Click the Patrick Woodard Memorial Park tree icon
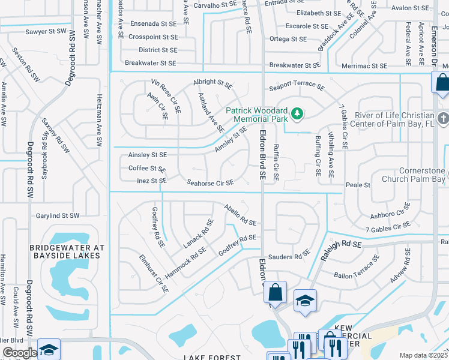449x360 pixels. click(296, 113)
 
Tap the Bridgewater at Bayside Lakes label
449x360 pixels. click(68, 251)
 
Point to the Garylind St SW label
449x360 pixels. click(57, 215)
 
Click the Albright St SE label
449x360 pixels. click(212, 82)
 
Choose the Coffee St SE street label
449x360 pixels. click(146, 169)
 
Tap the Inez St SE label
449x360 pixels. click(151, 181)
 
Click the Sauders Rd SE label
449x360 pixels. click(289, 257)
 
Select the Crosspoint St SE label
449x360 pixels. click(152, 37)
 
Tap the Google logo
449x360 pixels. click(19, 353)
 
